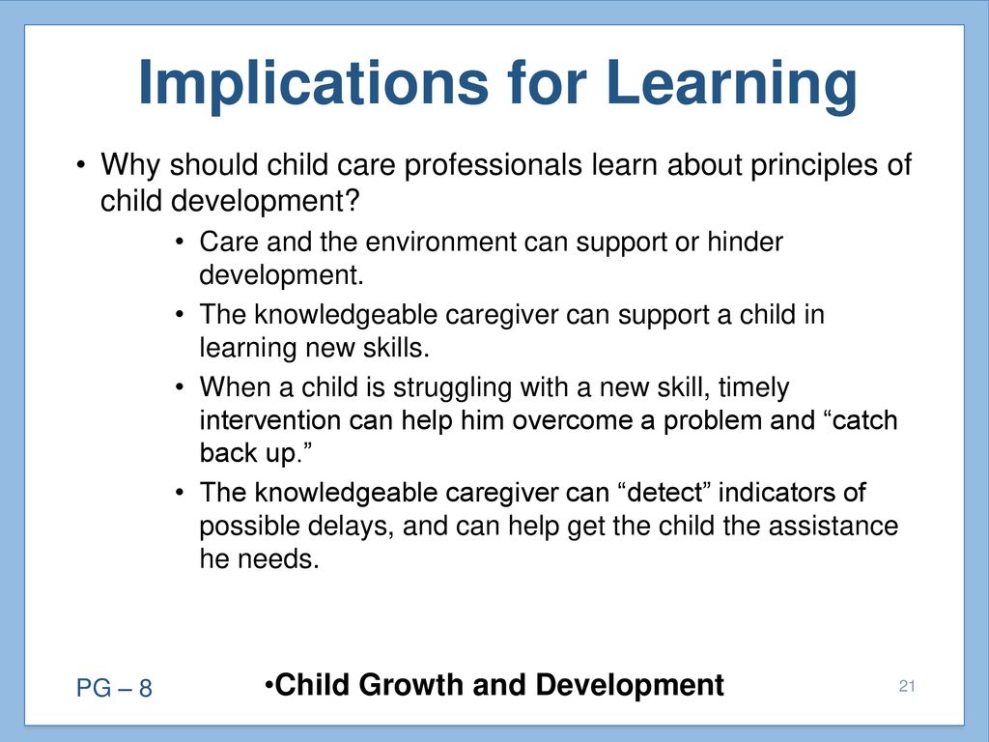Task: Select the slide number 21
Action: pyautogui.click(x=907, y=686)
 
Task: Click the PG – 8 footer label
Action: pyautogui.click(x=114, y=688)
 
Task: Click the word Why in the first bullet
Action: pyautogui.click(x=130, y=165)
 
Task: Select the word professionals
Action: pyautogui.click(x=493, y=165)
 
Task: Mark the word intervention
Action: pyautogui.click(x=270, y=420)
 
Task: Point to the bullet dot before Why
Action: pyautogui.click(x=80, y=166)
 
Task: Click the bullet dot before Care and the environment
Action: pyautogui.click(x=181, y=243)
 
